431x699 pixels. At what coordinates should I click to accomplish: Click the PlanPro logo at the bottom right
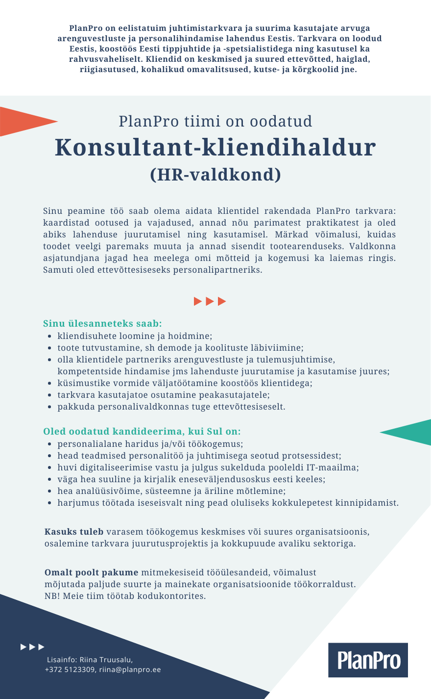pyautogui.click(x=368, y=660)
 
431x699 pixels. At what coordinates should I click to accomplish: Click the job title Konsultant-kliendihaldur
pyautogui.click(x=215, y=147)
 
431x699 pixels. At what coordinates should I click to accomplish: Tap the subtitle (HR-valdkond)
pyautogui.click(x=215, y=175)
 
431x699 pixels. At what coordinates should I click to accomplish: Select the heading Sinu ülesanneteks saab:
pyautogui.click(x=102, y=324)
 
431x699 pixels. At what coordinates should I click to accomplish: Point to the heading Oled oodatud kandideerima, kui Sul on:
pyautogui.click(x=142, y=432)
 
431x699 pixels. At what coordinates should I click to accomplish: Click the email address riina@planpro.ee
pyautogui.click(x=130, y=670)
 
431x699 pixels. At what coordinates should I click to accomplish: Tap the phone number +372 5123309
pyautogui.click(x=70, y=670)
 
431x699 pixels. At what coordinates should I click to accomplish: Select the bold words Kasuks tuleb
pyautogui.click(x=74, y=532)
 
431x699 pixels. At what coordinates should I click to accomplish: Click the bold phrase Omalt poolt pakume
pyautogui.click(x=92, y=572)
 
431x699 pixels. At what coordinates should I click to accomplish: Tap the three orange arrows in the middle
pyautogui.click(x=210, y=301)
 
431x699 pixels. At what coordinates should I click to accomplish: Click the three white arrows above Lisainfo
pyautogui.click(x=32, y=647)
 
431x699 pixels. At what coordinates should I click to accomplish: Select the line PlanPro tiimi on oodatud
pyautogui.click(x=215, y=121)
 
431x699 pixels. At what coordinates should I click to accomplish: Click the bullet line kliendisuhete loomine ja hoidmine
pyautogui.click(x=135, y=336)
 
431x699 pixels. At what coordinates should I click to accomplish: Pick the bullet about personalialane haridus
pyautogui.click(x=150, y=444)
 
